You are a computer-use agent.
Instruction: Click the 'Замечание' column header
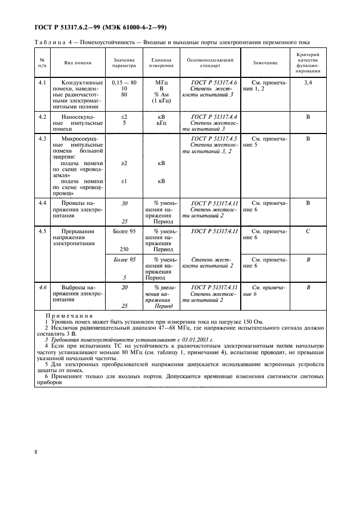point(265,63)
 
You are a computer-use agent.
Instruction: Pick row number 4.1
point(42,82)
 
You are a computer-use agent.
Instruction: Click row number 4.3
point(42,139)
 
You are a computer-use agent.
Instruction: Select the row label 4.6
point(42,287)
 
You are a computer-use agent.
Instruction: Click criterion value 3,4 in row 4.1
point(308,82)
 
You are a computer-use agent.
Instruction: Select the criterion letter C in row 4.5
point(308,232)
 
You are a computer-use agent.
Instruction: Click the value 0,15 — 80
point(124,82)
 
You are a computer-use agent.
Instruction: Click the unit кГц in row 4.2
point(161,123)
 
